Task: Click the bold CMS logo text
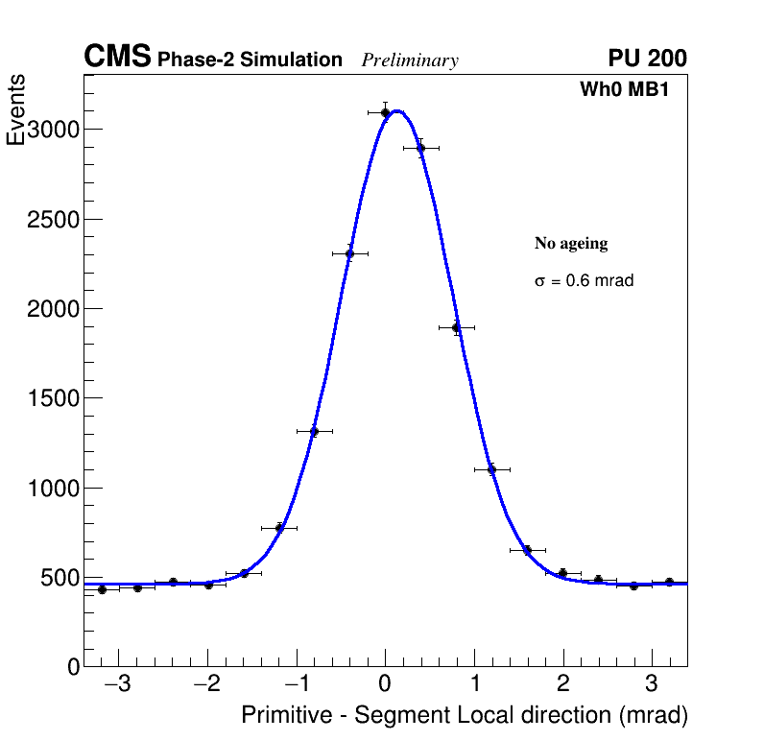117,58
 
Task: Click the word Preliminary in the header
410,60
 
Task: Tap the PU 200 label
647,59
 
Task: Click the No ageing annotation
571,244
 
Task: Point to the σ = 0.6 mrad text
584,281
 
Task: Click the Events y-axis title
16,110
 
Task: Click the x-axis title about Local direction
465,715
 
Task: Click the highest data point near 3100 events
385,112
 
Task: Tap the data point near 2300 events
349,254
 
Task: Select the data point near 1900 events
456,327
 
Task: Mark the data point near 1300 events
314,431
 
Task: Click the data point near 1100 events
491,469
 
